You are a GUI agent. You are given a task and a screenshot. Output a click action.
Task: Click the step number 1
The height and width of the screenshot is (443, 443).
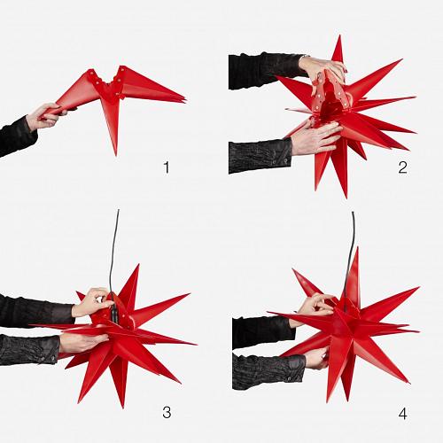[167, 167]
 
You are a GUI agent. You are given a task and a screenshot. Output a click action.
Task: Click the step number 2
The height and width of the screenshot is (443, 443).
[402, 167]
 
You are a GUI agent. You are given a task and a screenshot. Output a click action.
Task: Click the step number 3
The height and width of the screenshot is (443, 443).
[167, 412]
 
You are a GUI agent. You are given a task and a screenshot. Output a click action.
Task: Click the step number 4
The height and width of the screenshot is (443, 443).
[403, 414]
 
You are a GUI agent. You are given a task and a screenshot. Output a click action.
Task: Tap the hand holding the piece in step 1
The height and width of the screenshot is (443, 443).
[43, 116]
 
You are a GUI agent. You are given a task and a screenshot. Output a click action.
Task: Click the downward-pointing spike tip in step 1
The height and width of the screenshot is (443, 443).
[115, 155]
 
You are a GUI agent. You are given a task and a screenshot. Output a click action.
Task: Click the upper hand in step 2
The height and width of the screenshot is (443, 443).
[322, 69]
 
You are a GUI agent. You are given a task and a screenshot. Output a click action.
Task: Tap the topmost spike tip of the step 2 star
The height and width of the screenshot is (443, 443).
[340, 36]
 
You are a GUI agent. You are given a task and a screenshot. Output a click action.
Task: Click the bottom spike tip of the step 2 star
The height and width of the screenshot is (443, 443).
[346, 197]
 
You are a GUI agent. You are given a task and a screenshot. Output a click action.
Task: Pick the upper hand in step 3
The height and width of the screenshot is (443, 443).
[92, 302]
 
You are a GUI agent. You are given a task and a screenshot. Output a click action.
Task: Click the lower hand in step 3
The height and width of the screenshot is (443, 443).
[82, 342]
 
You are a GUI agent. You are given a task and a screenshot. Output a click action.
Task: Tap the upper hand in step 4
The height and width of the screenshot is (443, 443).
[315, 307]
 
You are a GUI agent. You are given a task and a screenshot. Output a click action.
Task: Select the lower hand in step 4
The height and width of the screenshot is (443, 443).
[316, 358]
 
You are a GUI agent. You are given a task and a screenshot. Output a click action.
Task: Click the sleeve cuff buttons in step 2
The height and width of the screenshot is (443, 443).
[280, 161]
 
